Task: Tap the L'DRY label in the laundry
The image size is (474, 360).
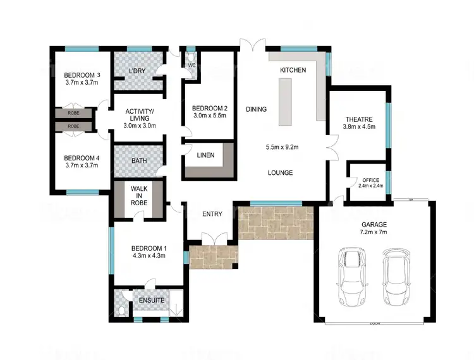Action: click(x=138, y=70)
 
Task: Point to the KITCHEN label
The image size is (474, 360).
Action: click(x=293, y=70)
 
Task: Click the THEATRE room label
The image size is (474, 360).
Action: click(x=358, y=119)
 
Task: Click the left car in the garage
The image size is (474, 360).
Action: click(x=351, y=275)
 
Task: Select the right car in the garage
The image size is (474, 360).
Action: click(x=396, y=275)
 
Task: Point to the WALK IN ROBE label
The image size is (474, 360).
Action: click(x=139, y=195)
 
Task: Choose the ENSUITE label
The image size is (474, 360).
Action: click(x=152, y=301)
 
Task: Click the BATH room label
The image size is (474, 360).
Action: click(x=139, y=160)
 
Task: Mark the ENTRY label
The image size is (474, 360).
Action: click(x=212, y=213)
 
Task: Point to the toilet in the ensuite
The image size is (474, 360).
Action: click(x=121, y=310)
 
